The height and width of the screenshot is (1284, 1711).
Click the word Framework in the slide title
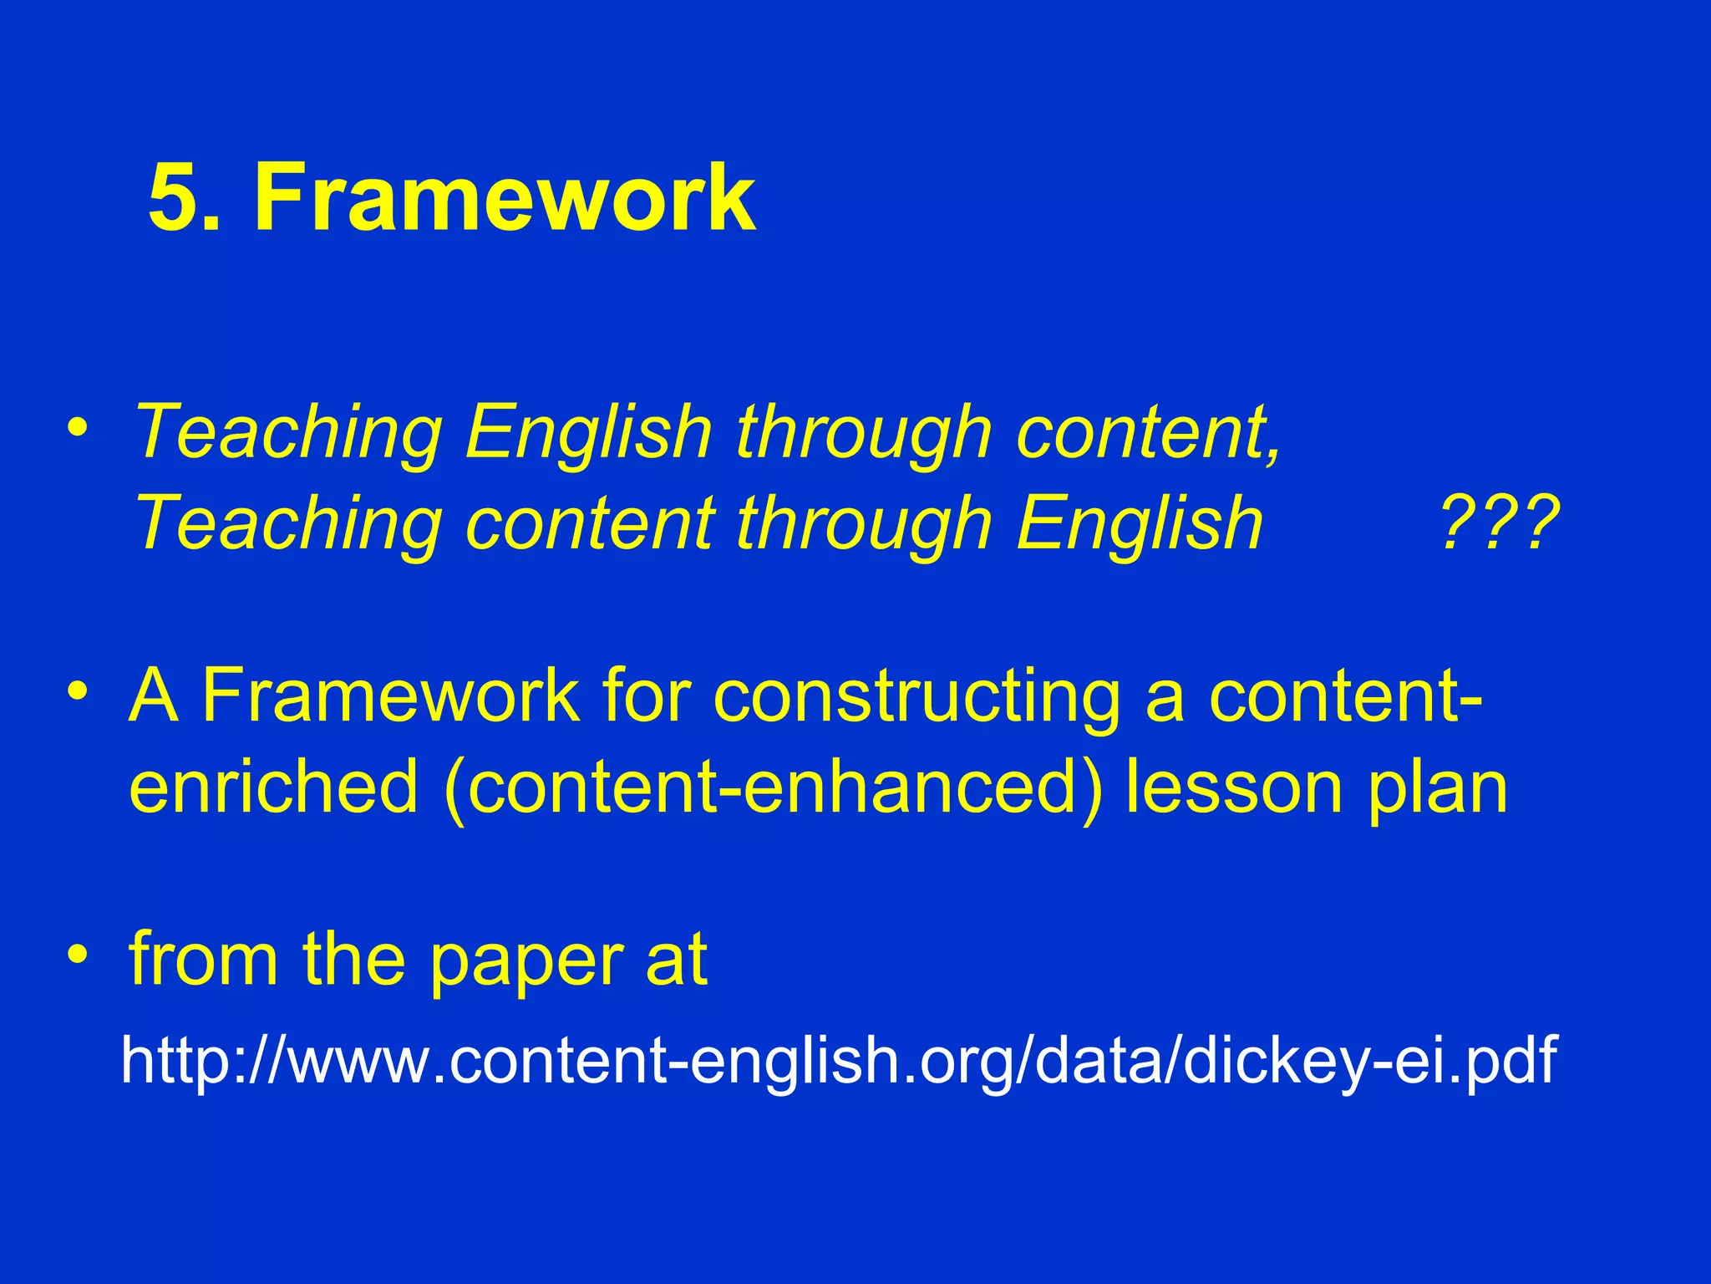coord(505,198)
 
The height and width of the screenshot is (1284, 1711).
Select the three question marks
coord(1500,523)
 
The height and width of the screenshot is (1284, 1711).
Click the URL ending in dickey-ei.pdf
coord(839,1059)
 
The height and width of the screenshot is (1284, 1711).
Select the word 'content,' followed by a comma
coord(1149,432)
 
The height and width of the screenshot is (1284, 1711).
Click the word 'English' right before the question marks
coord(1140,523)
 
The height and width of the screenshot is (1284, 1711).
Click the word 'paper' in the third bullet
coord(526,961)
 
